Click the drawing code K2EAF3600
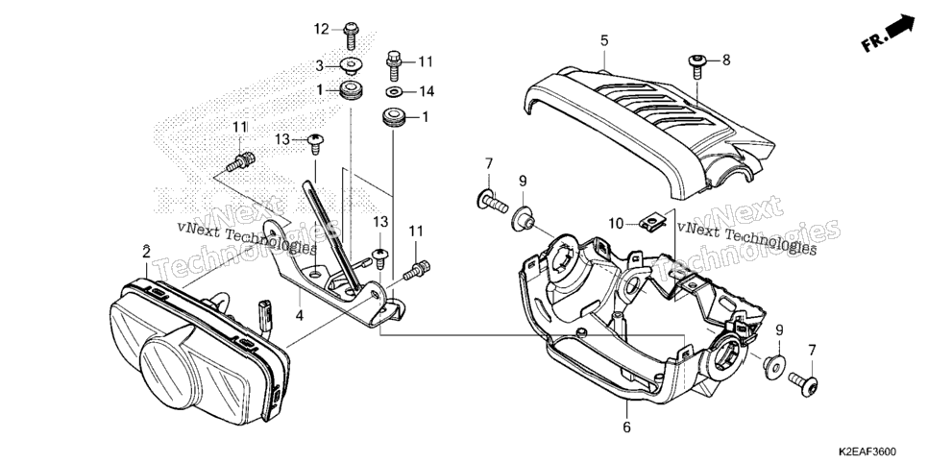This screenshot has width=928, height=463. pos(867,451)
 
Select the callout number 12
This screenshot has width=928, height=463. pos(321,29)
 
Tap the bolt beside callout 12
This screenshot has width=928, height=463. pos(351,35)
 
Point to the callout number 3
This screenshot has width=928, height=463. pos(318,65)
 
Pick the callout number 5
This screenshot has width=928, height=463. pos(603,41)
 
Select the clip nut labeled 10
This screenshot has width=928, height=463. pos(654,223)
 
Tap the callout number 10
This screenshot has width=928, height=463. pos(617,224)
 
